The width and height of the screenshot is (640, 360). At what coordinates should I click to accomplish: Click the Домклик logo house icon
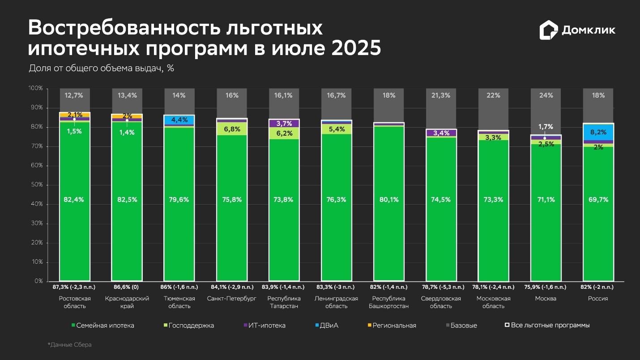(x=549, y=30)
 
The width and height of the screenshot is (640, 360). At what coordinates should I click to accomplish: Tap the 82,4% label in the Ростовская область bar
(x=75, y=200)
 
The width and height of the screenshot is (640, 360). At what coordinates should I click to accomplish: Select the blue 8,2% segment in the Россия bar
(x=598, y=132)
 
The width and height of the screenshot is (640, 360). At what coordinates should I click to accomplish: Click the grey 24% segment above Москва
(x=546, y=95)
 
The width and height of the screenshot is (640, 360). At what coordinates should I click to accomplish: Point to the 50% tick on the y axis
(x=36, y=185)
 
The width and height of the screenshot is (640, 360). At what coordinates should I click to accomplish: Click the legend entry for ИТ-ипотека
(x=267, y=326)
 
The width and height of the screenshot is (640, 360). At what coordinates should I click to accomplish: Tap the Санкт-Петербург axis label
(x=232, y=299)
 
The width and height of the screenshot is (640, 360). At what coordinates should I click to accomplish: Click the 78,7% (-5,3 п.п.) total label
(x=441, y=287)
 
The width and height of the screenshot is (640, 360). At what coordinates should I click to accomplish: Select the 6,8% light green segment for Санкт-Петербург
(x=232, y=129)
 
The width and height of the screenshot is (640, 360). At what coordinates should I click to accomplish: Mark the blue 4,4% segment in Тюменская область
(x=179, y=120)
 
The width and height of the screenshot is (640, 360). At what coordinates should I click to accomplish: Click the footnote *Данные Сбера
(x=69, y=345)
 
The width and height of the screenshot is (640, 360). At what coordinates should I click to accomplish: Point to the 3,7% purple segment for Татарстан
(x=284, y=123)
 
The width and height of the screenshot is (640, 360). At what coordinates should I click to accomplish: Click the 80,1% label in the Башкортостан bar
(x=389, y=200)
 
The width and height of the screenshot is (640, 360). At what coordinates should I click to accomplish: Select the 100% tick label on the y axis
(x=35, y=89)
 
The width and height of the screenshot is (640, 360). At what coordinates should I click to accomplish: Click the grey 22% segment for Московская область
(x=493, y=95)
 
